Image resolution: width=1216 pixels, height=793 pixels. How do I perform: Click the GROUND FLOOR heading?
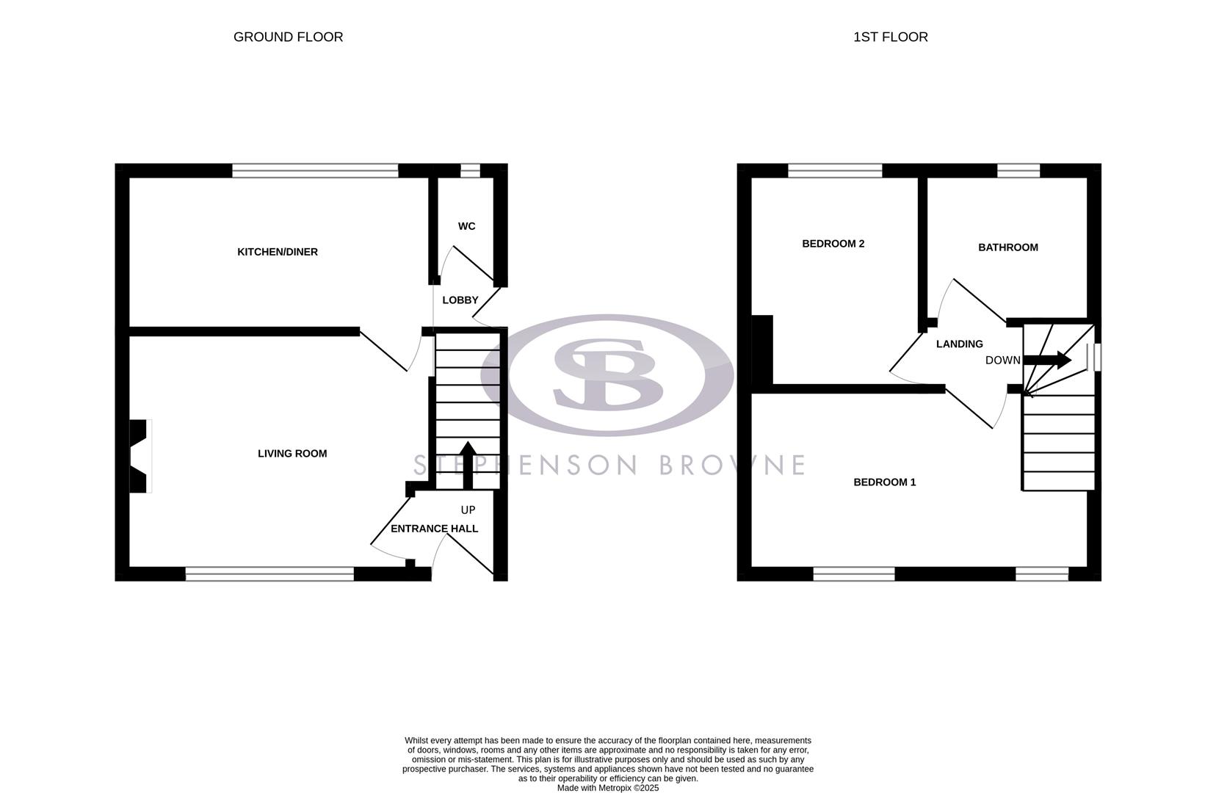tap(288, 37)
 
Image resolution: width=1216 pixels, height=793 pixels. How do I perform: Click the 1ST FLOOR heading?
tap(890, 37)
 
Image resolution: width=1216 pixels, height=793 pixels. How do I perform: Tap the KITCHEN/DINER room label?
tap(277, 252)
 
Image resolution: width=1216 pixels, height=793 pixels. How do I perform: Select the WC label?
tap(466, 226)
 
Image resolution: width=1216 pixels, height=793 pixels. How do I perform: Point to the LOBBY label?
tap(460, 300)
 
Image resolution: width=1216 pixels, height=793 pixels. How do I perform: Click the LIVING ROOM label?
tap(292, 454)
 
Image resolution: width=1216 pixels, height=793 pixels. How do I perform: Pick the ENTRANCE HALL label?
tap(434, 529)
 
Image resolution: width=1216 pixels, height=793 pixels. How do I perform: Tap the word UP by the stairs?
tap(468, 510)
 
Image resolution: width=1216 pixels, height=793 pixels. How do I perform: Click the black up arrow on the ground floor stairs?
tap(468, 463)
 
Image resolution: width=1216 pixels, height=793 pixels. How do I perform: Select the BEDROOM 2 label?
tap(833, 244)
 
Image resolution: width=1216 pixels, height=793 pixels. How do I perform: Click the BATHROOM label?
tap(1007, 247)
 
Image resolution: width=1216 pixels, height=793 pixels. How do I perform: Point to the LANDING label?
tap(959, 344)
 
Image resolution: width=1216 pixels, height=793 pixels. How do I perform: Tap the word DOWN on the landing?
tap(1002, 361)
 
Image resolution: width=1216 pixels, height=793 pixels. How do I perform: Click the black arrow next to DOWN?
tap(1048, 360)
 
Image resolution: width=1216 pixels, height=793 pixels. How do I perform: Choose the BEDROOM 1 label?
tap(884, 482)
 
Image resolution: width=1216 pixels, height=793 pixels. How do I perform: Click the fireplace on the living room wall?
tap(140, 455)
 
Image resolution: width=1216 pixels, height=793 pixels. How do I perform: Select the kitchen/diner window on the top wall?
tap(315, 170)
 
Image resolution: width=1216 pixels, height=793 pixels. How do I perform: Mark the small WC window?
tap(470, 170)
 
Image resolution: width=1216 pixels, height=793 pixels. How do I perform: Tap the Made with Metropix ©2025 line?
tap(607, 788)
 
